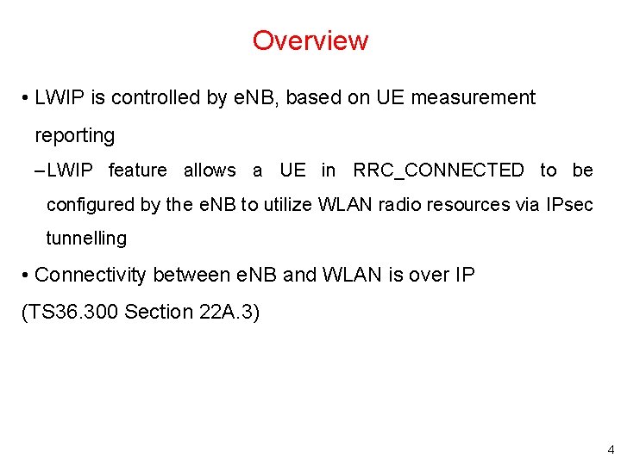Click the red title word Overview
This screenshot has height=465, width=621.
click(310, 40)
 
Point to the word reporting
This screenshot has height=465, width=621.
click(74, 136)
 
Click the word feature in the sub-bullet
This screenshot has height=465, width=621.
click(138, 170)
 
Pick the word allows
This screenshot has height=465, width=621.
click(210, 170)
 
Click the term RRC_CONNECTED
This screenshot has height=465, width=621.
click(438, 170)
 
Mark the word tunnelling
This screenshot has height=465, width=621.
click(86, 239)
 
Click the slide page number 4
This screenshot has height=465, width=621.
click(611, 449)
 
